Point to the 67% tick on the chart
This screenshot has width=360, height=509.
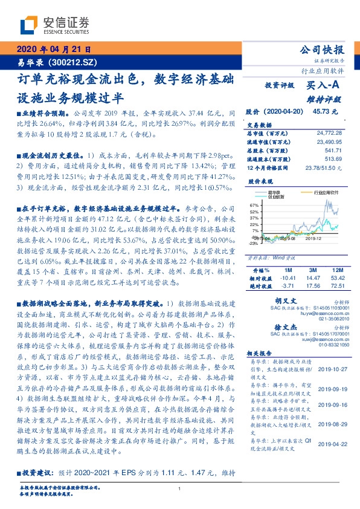[x=254, y=206]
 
